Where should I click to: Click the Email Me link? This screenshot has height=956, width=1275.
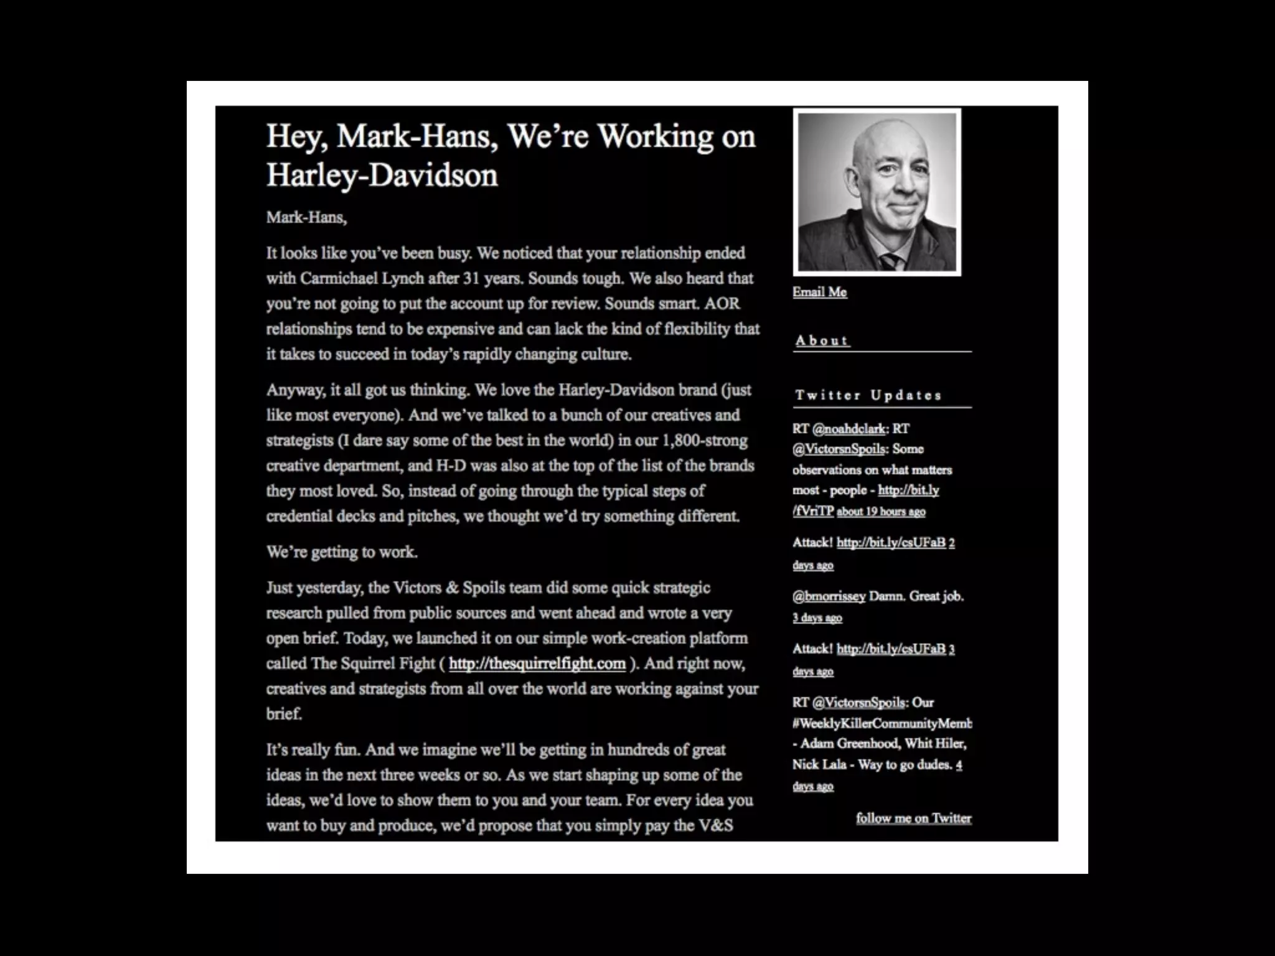pos(819,292)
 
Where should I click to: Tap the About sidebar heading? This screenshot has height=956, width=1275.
pos(822,340)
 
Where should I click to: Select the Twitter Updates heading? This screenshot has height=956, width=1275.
pos(868,395)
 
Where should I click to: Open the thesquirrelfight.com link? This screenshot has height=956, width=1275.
pos(537,663)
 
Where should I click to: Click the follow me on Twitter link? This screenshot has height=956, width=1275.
pos(913,818)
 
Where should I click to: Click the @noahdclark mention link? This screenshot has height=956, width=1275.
pos(849,429)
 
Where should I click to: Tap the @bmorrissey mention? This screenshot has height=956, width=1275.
pos(829,596)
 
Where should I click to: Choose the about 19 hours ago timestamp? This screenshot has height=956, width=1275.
pos(881,512)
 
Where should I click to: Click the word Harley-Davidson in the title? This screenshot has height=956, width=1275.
pos(382,176)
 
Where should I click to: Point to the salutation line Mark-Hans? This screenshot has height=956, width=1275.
pos(306,217)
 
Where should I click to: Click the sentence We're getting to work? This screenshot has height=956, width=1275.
pos(342,552)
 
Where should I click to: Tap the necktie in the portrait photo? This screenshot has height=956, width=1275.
pos(889,261)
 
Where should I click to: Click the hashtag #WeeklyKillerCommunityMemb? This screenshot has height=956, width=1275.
pos(882,723)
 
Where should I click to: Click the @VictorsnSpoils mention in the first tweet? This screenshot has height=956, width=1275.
pos(839,449)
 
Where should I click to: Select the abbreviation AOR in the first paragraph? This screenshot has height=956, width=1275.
pos(722,304)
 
